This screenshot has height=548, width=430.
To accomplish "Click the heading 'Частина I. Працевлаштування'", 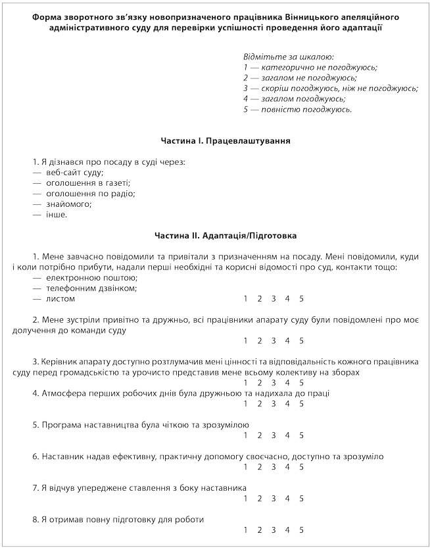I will (x=226, y=141).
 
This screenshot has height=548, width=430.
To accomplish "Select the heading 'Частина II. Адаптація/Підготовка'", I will (x=226, y=234).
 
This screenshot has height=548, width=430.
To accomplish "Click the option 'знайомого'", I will (x=68, y=204).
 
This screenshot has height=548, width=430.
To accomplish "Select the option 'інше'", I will (x=56, y=214).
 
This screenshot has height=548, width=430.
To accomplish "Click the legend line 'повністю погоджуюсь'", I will (x=297, y=109).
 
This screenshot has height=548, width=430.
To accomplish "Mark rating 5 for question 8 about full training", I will (x=302, y=530).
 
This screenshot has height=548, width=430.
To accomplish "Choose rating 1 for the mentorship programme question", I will (x=246, y=435).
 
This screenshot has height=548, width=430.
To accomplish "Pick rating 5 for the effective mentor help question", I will (x=302, y=467).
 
